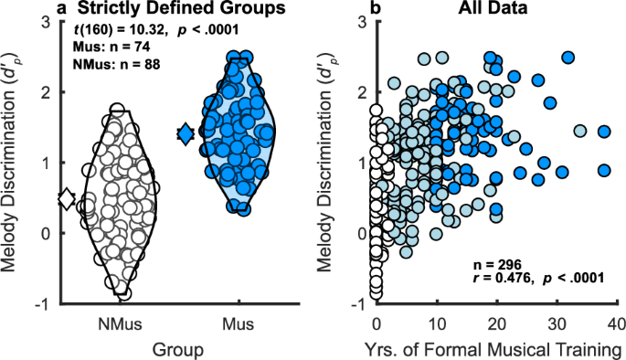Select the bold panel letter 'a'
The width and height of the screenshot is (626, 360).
click(x=61, y=8)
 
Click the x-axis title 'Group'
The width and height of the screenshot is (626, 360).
click(x=178, y=348)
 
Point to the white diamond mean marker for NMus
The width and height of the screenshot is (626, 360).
click(x=66, y=198)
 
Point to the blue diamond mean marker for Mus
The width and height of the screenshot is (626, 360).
click(x=186, y=134)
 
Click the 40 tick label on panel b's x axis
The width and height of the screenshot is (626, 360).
click(x=617, y=323)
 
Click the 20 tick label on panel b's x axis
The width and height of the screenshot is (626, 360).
click(x=496, y=323)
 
